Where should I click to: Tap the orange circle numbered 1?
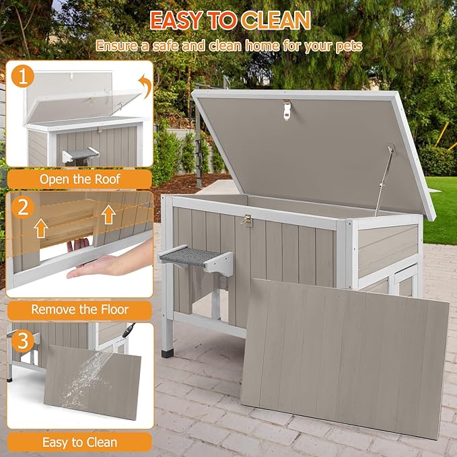[24, 77]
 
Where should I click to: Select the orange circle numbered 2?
[24, 207]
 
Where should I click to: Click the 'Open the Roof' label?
[79, 179]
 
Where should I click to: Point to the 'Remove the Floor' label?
[79, 310]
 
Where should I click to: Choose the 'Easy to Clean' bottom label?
[79, 442]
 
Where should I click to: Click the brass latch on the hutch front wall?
[247, 219]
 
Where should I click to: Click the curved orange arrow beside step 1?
[143, 85]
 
